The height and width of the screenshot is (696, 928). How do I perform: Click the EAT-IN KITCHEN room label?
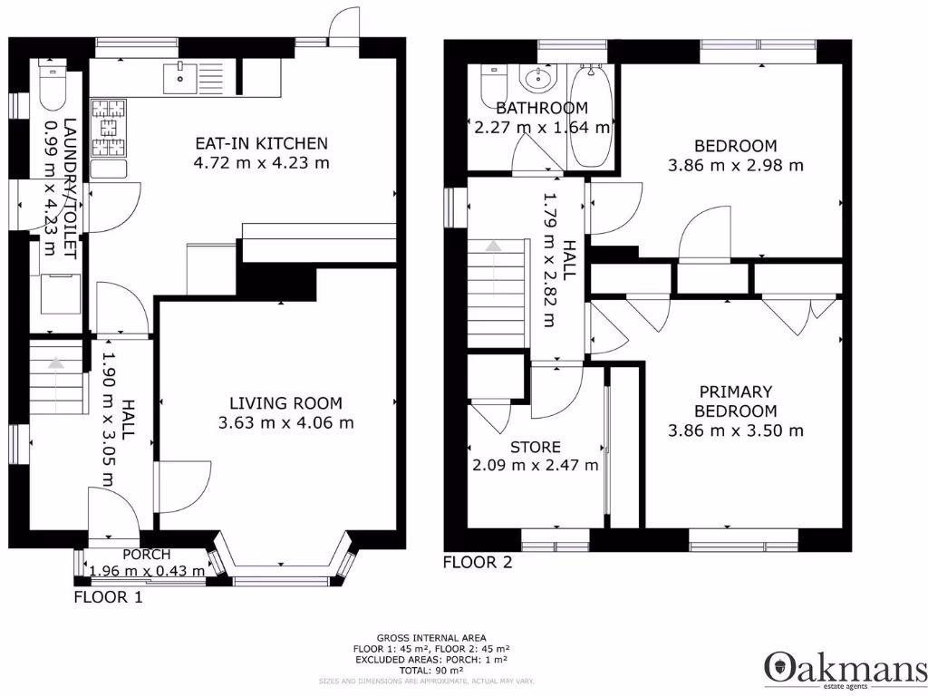[262, 143]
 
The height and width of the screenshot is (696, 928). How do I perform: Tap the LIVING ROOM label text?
[285, 403]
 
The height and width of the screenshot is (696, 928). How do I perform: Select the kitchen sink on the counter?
[181, 78]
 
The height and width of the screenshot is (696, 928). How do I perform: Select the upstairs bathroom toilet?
[494, 85]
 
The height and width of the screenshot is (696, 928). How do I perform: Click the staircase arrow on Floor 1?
[57, 363]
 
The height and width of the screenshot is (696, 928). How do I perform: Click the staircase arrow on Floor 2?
[493, 246]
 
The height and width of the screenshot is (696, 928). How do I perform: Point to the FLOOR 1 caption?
[108, 597]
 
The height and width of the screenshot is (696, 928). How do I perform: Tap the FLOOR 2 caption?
[477, 563]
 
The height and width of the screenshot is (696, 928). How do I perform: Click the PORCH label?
[147, 555]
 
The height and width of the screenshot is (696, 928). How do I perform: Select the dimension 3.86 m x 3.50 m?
[735, 431]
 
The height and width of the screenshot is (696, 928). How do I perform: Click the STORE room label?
[535, 447]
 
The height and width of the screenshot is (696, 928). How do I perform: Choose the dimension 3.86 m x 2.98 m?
[735, 165]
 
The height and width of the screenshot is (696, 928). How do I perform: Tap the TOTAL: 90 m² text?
[425, 671]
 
